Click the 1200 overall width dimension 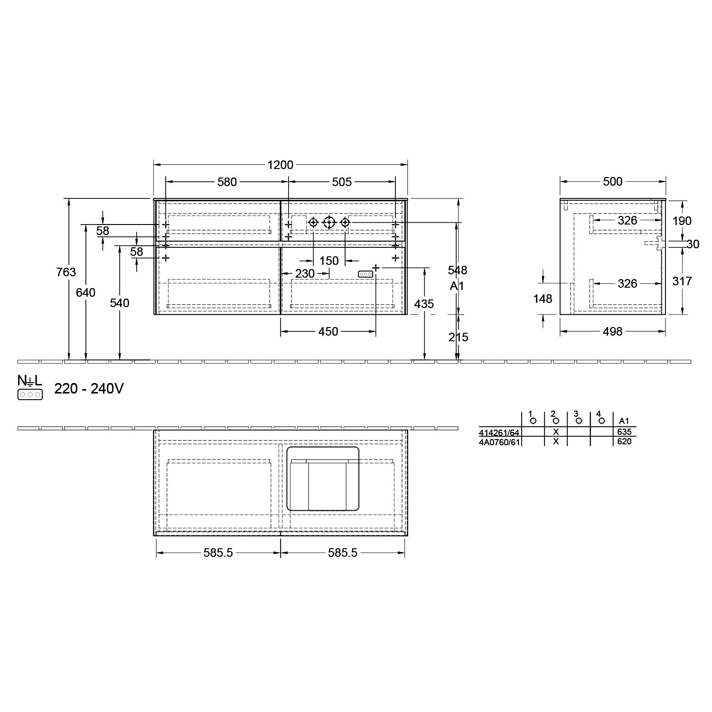[x=281, y=165]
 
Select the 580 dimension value [x=227, y=182]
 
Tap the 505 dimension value [x=342, y=182]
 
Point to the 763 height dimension [x=66, y=272]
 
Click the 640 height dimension [x=85, y=292]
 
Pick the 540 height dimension [x=120, y=303]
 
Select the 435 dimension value [x=424, y=304]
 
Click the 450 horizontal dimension [x=328, y=331]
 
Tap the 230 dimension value [x=305, y=273]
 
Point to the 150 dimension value [x=329, y=261]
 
